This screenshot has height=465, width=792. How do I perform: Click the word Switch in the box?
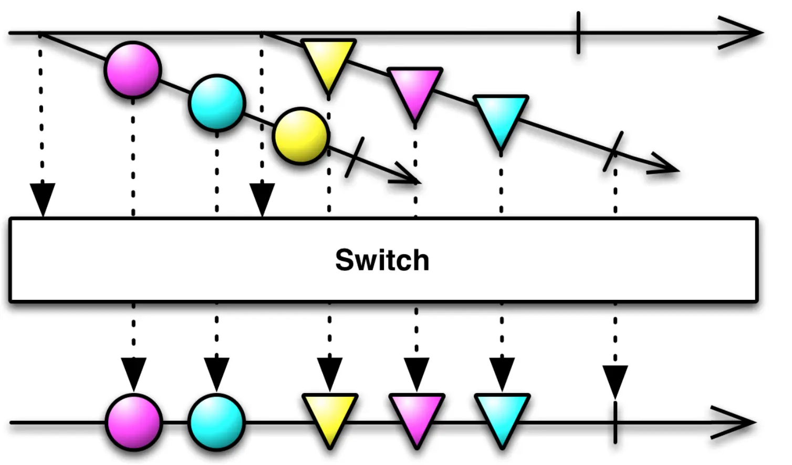tap(382, 260)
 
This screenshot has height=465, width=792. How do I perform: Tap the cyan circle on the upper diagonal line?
tap(216, 103)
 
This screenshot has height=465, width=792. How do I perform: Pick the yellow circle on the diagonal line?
tap(301, 136)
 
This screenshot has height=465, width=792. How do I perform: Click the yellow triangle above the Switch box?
tap(328, 62)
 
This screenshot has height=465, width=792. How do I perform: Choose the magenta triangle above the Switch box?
tap(415, 90)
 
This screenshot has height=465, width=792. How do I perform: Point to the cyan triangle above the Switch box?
tap(501, 119)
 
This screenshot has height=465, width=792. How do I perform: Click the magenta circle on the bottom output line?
tap(133, 422)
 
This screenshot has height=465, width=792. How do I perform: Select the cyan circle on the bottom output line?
tap(216, 422)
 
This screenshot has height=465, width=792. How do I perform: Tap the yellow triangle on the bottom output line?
tap(330, 417)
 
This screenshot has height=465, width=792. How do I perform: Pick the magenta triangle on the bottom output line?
tap(416, 417)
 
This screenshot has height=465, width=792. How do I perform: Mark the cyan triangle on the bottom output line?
tap(502, 417)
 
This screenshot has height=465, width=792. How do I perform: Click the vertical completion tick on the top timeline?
tap(578, 33)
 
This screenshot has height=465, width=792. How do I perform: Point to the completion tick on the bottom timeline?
tap(615, 422)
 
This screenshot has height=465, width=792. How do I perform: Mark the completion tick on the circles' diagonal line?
tap(355, 157)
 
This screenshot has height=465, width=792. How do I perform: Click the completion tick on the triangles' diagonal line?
tap(613, 151)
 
